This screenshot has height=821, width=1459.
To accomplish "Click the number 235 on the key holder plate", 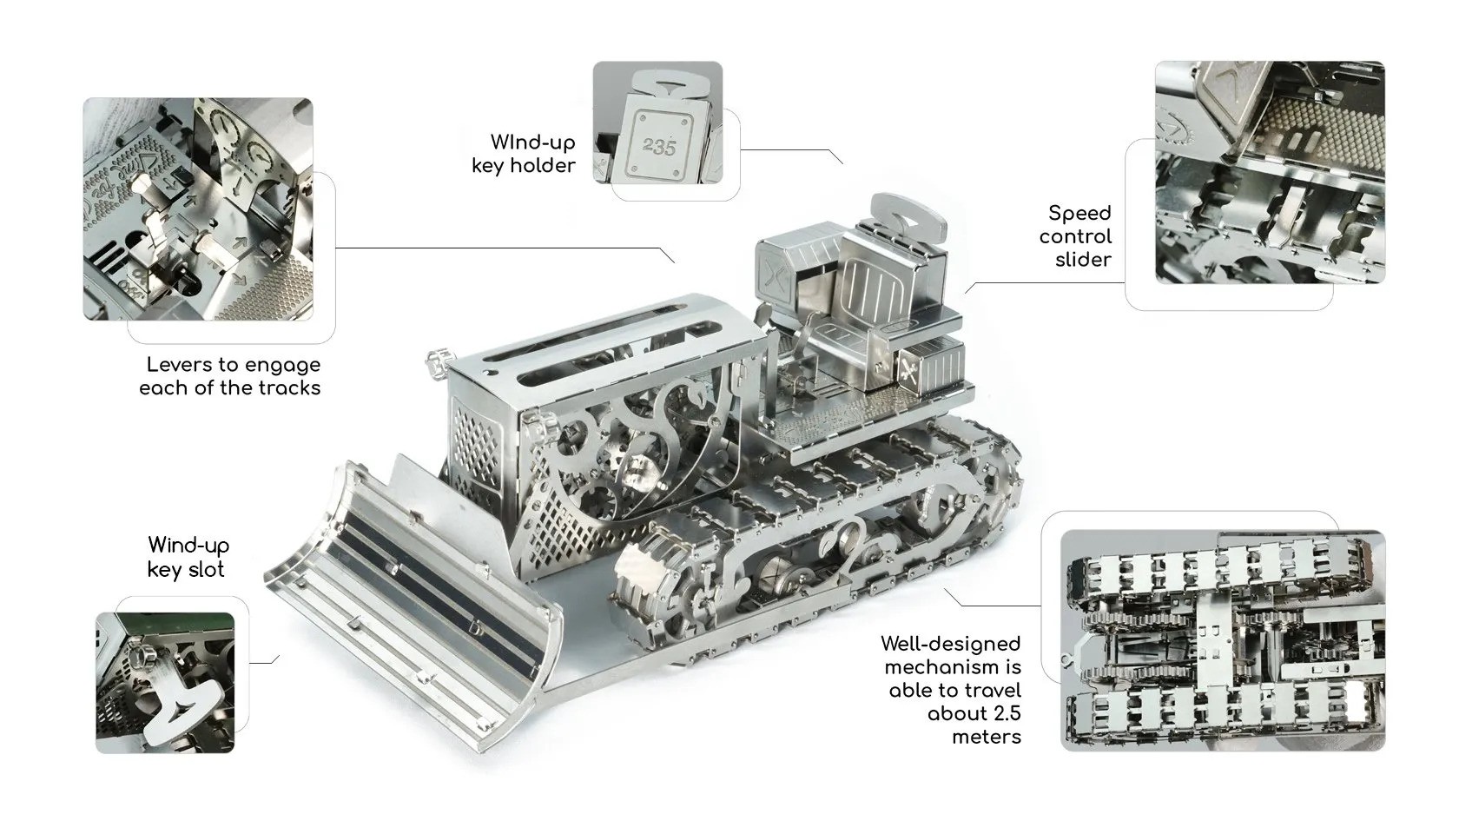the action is [x=658, y=148].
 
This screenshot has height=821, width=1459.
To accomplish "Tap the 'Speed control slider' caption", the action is [x=1075, y=236].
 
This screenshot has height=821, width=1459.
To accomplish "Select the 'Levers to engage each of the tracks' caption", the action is [x=230, y=376].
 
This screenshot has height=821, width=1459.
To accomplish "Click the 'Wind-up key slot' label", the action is [x=188, y=557].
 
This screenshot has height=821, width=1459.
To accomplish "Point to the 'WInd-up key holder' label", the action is [x=524, y=154].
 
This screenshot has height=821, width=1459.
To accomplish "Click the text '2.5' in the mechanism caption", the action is [x=1007, y=713].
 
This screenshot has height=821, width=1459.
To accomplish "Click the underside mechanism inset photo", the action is [x=1223, y=640].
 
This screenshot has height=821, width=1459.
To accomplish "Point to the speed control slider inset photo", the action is [x=1270, y=173].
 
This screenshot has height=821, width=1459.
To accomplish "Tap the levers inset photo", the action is [x=198, y=209].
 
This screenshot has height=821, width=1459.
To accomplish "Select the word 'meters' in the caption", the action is [x=987, y=737].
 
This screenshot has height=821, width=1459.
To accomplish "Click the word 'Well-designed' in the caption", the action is [x=950, y=645].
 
